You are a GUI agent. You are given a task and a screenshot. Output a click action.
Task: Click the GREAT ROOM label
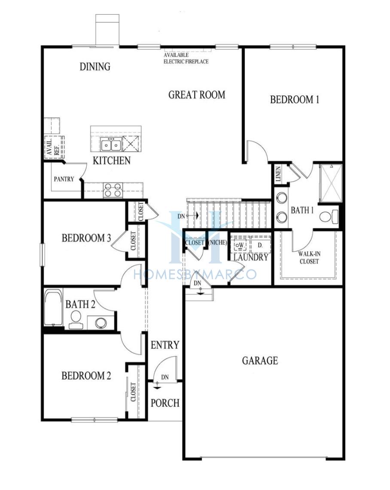[197, 95]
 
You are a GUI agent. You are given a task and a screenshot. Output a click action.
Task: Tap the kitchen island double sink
[111, 145]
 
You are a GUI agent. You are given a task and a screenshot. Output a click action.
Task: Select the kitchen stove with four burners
[113, 190]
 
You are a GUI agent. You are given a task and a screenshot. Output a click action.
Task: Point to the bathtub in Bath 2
[53, 308]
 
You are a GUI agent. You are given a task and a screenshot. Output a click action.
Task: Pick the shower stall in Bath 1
[332, 184]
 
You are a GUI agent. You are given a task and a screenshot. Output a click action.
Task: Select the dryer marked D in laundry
[260, 245]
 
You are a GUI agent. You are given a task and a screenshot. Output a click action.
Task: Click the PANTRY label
[64, 179]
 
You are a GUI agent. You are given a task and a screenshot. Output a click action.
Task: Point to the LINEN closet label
[278, 174]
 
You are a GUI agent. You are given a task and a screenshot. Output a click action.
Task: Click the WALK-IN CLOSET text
[309, 258]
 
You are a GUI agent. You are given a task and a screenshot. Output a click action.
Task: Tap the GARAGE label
[260, 361]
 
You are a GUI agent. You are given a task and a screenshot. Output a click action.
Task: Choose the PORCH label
[165, 403]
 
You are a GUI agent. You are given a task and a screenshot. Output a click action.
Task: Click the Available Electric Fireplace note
[186, 58]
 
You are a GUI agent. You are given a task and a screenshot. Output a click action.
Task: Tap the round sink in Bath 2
[101, 322]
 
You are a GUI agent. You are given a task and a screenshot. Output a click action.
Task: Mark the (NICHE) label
[217, 242]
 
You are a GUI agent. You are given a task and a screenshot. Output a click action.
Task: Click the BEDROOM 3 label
[86, 238]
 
